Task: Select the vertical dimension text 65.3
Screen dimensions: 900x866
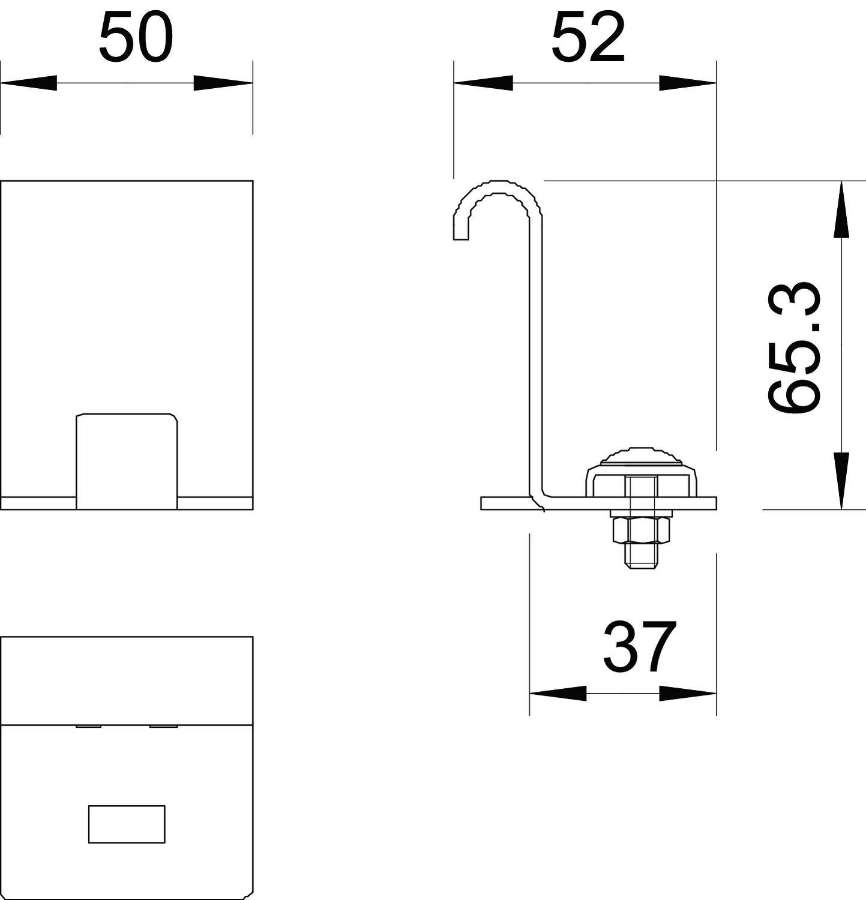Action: [793, 347]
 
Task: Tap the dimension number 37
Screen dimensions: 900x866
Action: [640, 647]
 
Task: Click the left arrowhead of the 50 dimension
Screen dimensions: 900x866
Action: [30, 83]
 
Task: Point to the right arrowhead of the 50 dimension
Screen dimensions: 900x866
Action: [222, 83]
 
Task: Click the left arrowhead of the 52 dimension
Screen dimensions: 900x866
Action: [484, 83]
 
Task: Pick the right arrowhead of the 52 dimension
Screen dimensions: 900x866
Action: [687, 83]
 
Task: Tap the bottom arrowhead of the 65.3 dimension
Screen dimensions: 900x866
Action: [841, 480]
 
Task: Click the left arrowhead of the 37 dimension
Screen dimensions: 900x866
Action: [558, 694]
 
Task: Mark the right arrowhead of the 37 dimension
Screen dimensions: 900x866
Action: [687, 694]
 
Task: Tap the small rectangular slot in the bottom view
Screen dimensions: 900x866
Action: [127, 824]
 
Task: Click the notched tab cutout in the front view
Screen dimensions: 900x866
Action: [127, 459]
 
